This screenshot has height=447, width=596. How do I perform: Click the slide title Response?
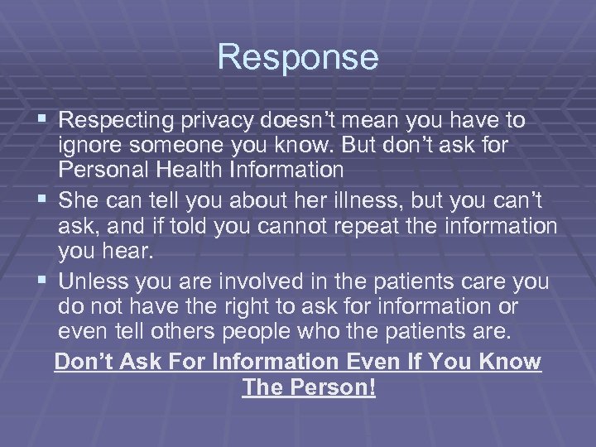298,57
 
